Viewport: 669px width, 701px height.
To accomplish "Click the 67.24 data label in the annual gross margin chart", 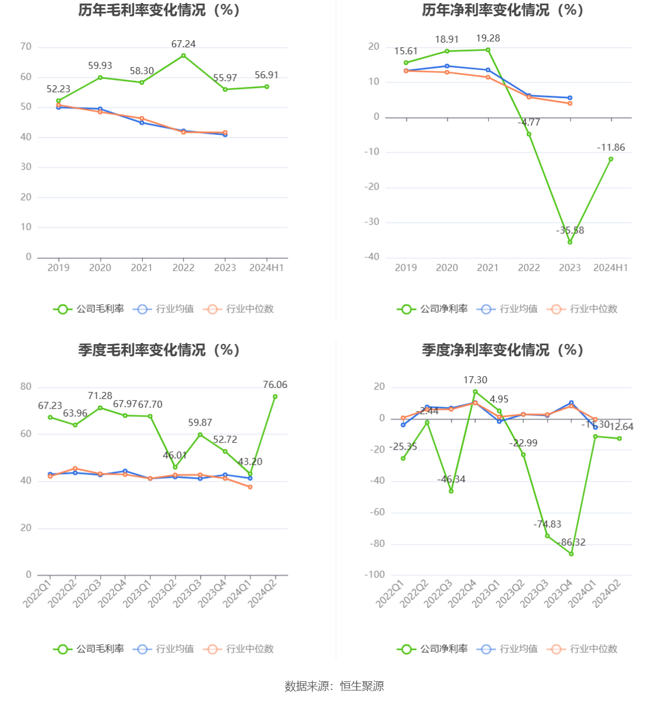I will point(184,44).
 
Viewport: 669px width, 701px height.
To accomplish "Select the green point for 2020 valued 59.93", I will point(100,78).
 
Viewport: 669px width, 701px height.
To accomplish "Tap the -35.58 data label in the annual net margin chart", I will point(570,230).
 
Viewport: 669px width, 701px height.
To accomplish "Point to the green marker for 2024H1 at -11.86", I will point(611,159).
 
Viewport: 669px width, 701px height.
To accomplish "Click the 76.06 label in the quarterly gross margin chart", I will point(275,385).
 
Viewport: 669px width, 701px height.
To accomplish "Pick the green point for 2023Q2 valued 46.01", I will point(175,467).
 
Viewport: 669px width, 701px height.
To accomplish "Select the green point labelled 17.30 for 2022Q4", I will point(475,392).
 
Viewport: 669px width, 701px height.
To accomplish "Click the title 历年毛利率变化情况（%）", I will point(159,10).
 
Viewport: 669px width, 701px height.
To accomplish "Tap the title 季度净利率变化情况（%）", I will point(502,350).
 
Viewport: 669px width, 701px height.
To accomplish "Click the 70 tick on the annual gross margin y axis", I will point(26,47).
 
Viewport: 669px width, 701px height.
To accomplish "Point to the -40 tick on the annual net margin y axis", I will point(372,257).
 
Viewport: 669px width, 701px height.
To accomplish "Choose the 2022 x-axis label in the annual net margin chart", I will point(529,268).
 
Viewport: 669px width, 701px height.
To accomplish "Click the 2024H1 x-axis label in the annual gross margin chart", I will point(266,268).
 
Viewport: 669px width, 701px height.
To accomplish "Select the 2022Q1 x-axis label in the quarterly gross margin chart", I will point(38,592).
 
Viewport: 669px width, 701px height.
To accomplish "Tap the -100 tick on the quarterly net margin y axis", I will point(375,575).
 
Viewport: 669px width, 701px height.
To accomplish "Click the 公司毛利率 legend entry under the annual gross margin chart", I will point(89,309).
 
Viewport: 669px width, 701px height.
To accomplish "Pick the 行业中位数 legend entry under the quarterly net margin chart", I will point(583,649).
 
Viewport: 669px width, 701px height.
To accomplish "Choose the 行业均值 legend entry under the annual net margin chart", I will point(508,309).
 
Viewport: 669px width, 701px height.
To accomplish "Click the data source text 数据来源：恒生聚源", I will point(334,686).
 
